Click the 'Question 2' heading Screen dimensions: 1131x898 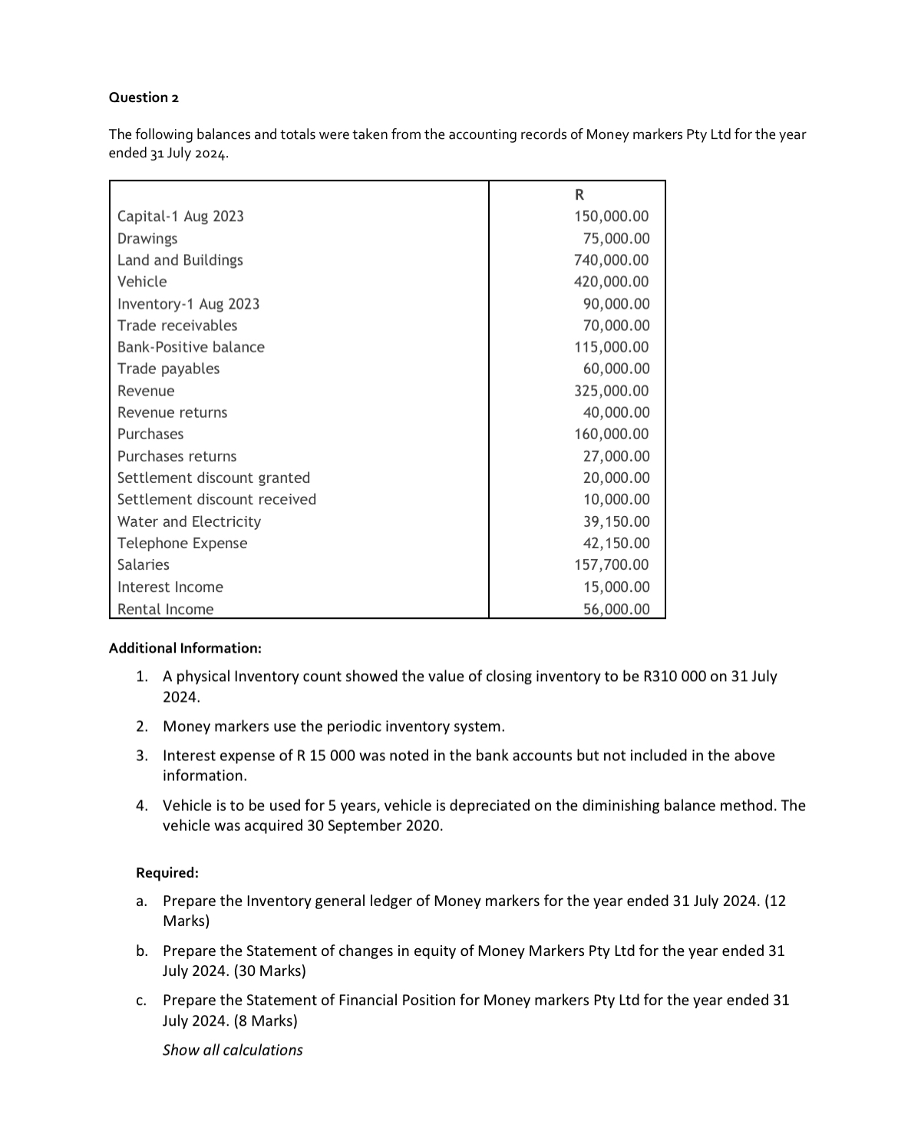(144, 98)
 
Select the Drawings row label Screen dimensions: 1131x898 (147, 239)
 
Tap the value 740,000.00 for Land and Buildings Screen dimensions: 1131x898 (611, 260)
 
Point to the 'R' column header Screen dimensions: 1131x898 (579, 193)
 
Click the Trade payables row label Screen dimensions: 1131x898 (168, 369)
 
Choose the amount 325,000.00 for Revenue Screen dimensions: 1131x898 (611, 391)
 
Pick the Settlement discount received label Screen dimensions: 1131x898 (216, 499)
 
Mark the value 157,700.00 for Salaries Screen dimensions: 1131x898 (611, 565)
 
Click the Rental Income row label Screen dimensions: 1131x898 (165, 609)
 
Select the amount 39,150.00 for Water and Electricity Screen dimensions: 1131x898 (616, 521)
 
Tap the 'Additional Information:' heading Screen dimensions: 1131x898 (185, 648)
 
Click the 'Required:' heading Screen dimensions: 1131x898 (167, 873)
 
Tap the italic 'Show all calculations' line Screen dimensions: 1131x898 (233, 1050)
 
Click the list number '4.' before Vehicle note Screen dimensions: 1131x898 (142, 805)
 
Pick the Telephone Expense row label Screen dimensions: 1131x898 (182, 544)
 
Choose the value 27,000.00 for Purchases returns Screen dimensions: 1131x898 (616, 456)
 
